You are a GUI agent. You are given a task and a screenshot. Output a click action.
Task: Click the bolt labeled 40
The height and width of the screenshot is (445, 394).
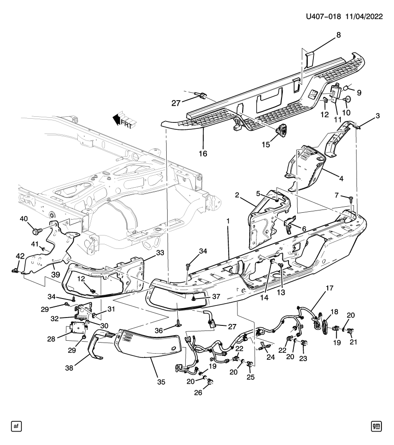36,229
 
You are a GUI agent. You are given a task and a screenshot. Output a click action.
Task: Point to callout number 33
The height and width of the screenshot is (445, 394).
160,253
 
